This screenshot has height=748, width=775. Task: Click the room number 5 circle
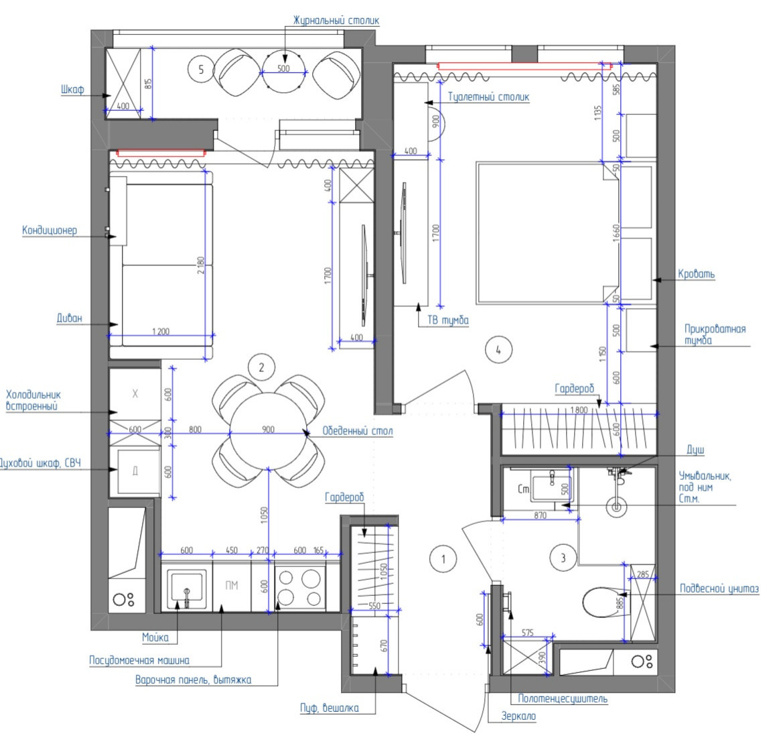point(201,69)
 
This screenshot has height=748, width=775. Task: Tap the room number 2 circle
point(261,367)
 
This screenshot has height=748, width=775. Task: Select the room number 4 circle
point(498,350)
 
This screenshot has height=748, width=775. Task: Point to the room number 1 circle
point(443,559)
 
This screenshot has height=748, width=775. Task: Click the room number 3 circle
point(563,558)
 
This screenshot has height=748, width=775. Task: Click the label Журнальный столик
point(336,20)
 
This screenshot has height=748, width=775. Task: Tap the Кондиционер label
point(50,230)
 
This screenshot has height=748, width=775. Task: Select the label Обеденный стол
point(357,431)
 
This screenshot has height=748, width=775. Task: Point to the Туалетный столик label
point(488,97)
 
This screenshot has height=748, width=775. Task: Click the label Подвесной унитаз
point(719,588)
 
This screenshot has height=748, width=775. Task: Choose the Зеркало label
point(518,716)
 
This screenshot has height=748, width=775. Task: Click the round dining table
point(269,430)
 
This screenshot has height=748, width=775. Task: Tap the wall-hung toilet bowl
point(601,602)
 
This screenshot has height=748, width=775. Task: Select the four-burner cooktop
point(300,588)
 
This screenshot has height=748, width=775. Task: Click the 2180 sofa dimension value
point(200,265)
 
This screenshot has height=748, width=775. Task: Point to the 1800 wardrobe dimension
point(579,410)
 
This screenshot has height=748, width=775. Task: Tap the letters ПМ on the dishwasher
point(231,585)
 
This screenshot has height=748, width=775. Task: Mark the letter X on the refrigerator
point(135,393)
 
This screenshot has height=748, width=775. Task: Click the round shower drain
point(616,507)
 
